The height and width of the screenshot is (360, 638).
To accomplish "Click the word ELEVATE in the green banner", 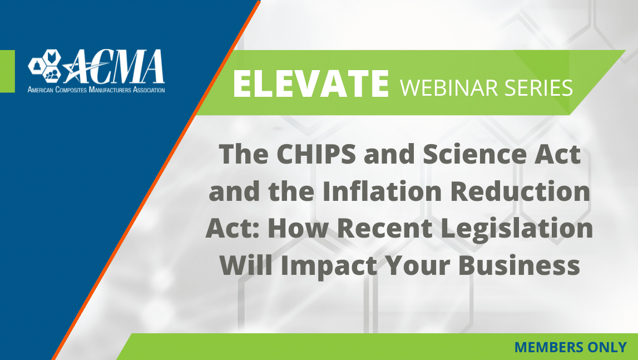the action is [311, 83].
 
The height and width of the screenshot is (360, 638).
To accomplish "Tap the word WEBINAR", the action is [449, 87].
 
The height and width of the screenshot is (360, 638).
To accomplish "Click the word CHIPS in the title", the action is [316, 154].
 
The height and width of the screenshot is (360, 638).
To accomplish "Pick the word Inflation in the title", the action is [382, 191].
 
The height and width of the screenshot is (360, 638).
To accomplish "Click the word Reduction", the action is [521, 191].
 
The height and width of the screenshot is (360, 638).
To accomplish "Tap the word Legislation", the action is [517, 229].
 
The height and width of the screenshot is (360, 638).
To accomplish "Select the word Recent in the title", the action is [384, 229].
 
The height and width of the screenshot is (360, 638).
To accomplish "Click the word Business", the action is [519, 265].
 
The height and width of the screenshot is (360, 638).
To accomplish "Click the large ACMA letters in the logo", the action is [114, 66].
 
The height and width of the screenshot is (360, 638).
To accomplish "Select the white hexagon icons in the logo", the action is [44, 65].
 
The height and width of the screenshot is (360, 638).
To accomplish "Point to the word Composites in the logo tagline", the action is [71, 90].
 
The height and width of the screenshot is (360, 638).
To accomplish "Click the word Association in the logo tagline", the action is [149, 90].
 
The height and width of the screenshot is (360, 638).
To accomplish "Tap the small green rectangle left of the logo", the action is [7, 71].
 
